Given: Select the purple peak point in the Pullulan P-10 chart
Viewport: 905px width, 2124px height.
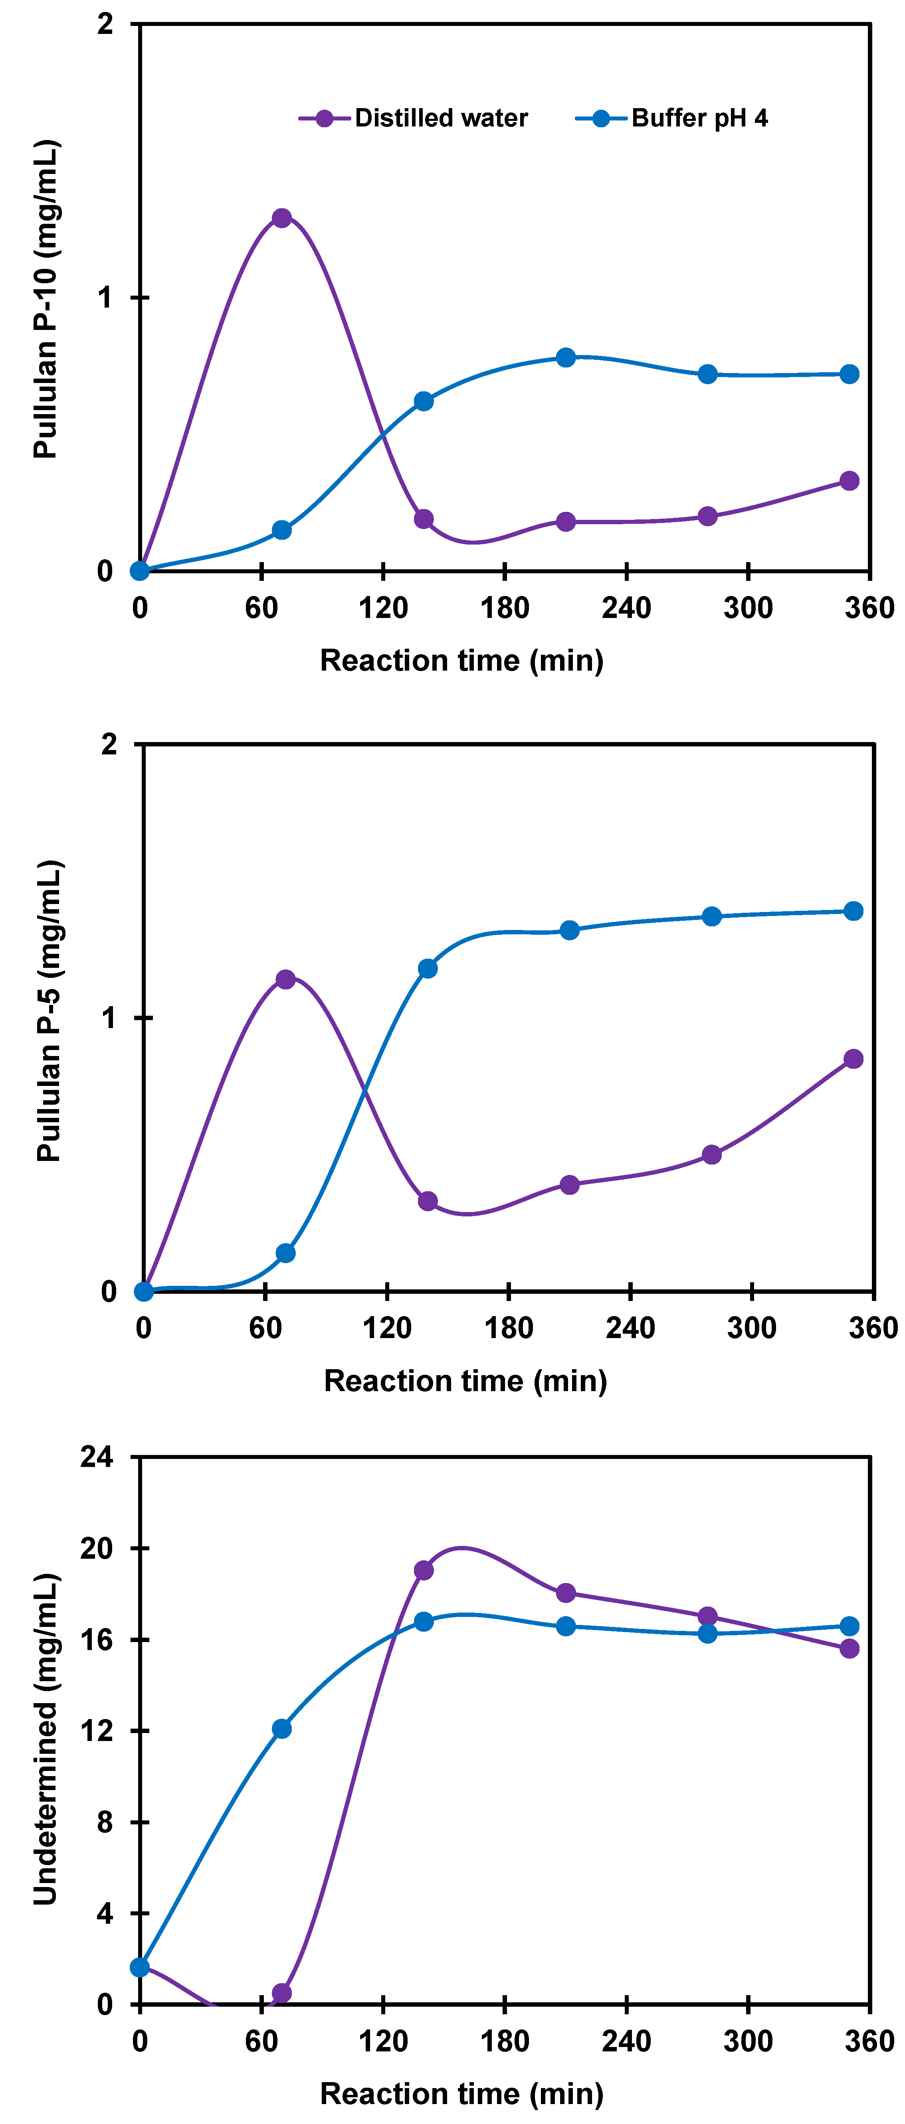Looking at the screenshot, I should coord(281,218).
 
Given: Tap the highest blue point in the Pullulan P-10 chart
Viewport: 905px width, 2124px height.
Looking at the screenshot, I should coord(565,357).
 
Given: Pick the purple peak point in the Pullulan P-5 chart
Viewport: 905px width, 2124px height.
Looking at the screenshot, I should coord(285,979).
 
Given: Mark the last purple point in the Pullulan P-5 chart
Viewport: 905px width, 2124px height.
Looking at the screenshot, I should coord(853,1059).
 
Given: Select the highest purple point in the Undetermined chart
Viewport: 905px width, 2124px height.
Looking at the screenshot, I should coord(423,1570).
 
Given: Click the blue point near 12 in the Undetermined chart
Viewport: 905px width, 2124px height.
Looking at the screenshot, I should coord(281,1728).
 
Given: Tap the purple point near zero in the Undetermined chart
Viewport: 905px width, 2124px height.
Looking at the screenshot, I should coord(281,1993).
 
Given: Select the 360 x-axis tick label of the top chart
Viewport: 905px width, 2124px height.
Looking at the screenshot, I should coord(869,608).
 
